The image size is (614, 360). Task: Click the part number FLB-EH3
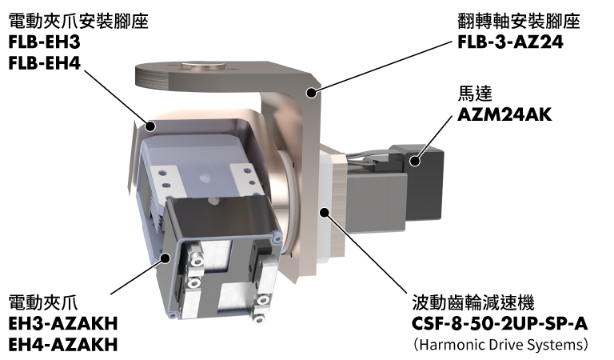pyautogui.click(x=44, y=42)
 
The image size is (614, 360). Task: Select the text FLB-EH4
pyautogui.click(x=44, y=63)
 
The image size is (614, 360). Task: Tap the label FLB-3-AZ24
pyautogui.click(x=510, y=42)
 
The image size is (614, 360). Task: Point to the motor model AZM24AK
pyautogui.click(x=504, y=114)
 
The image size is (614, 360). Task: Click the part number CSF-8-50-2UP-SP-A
pyautogui.click(x=500, y=323)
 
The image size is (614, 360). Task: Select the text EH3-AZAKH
pyautogui.click(x=63, y=323)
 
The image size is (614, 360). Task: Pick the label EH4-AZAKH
pyautogui.click(x=63, y=345)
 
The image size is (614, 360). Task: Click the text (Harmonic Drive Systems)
pyautogui.click(x=500, y=345)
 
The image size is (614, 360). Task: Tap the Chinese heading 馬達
pyautogui.click(x=475, y=94)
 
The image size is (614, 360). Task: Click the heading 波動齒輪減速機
pyautogui.click(x=473, y=302)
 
